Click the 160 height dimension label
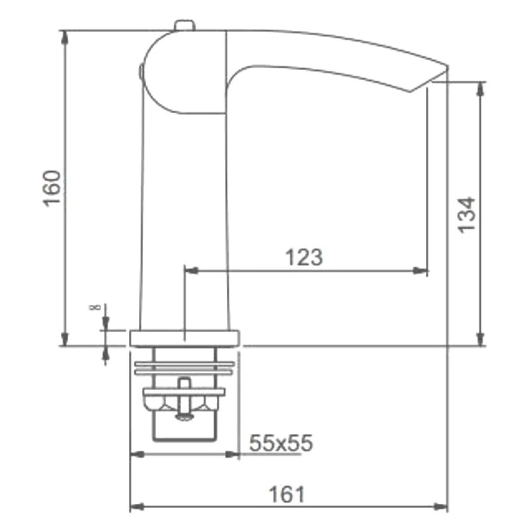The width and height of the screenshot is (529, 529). coord(52,188)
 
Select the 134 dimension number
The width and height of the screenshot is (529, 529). coord(466,215)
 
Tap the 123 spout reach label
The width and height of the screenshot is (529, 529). coord(304,257)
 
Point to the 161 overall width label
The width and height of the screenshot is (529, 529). coord(287,495)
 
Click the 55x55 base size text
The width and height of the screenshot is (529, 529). coord(281,442)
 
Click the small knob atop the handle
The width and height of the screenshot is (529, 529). coord(184,26)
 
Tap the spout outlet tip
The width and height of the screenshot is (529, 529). coord(428,83)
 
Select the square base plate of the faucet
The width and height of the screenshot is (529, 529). coord(184,339)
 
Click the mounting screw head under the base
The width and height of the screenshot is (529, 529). coord(184,417)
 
